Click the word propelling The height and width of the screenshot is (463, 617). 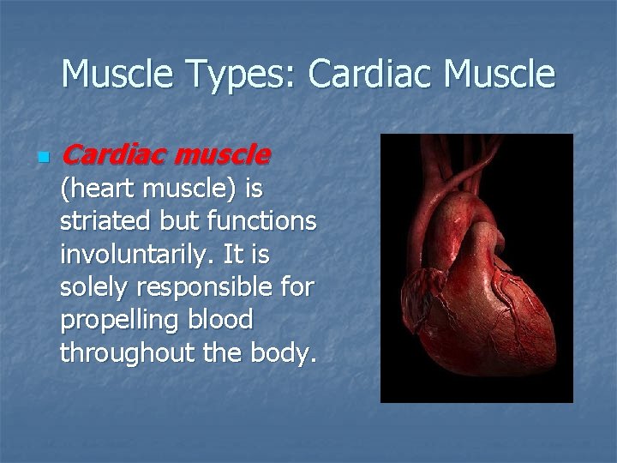click(x=114, y=319)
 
